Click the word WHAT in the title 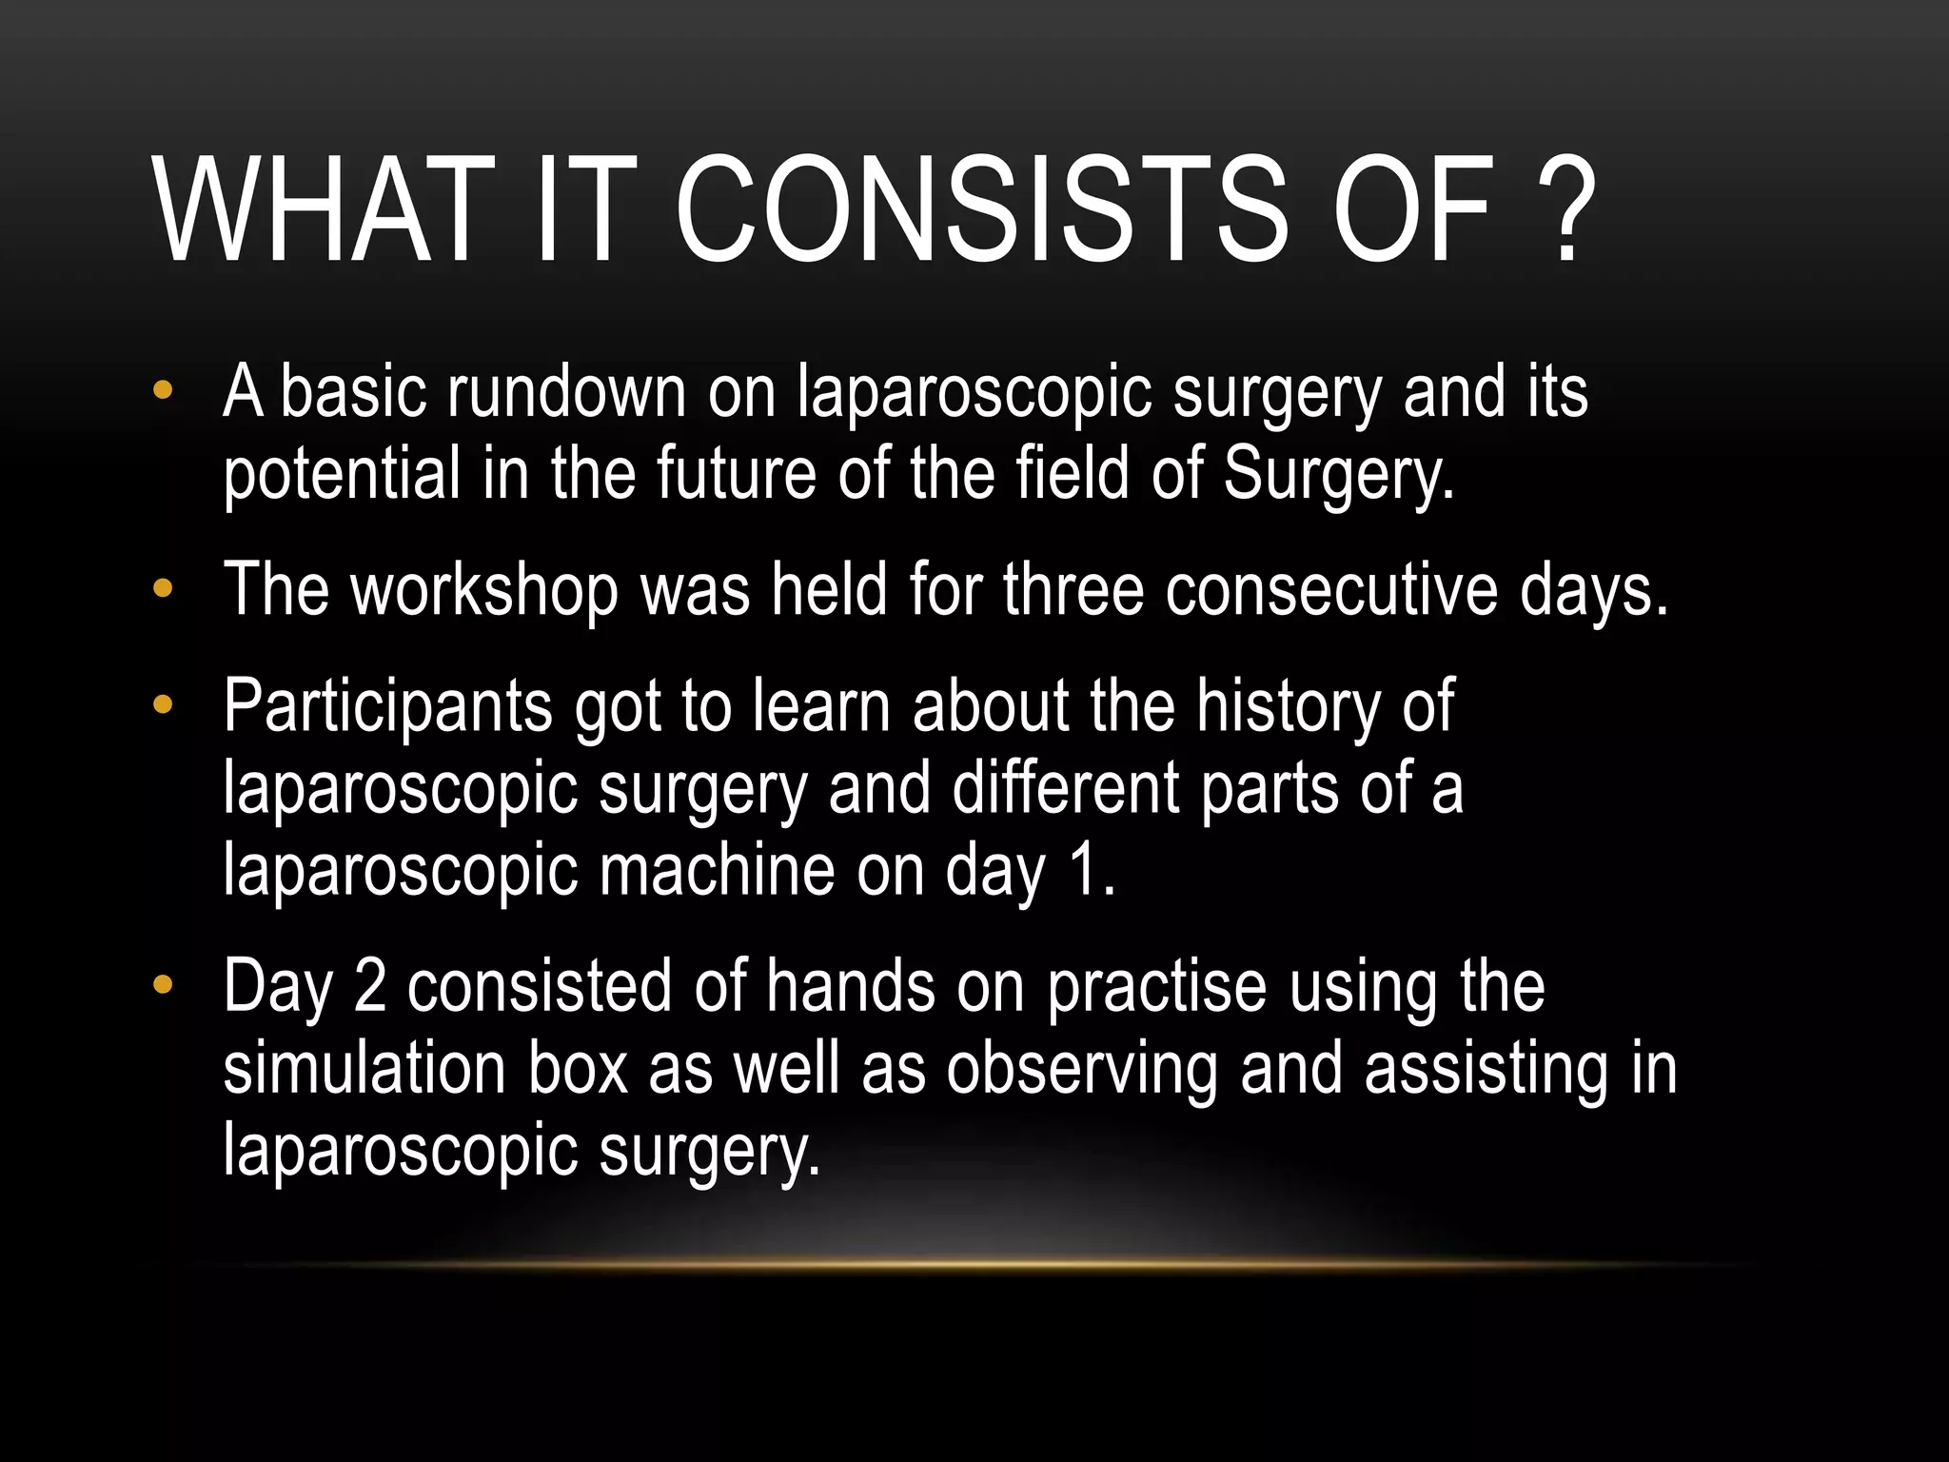324,211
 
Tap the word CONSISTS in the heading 980,211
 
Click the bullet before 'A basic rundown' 163,390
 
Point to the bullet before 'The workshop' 163,589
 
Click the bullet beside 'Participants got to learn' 163,705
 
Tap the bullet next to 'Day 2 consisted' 163,985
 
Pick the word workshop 484,590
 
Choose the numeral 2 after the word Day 370,987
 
